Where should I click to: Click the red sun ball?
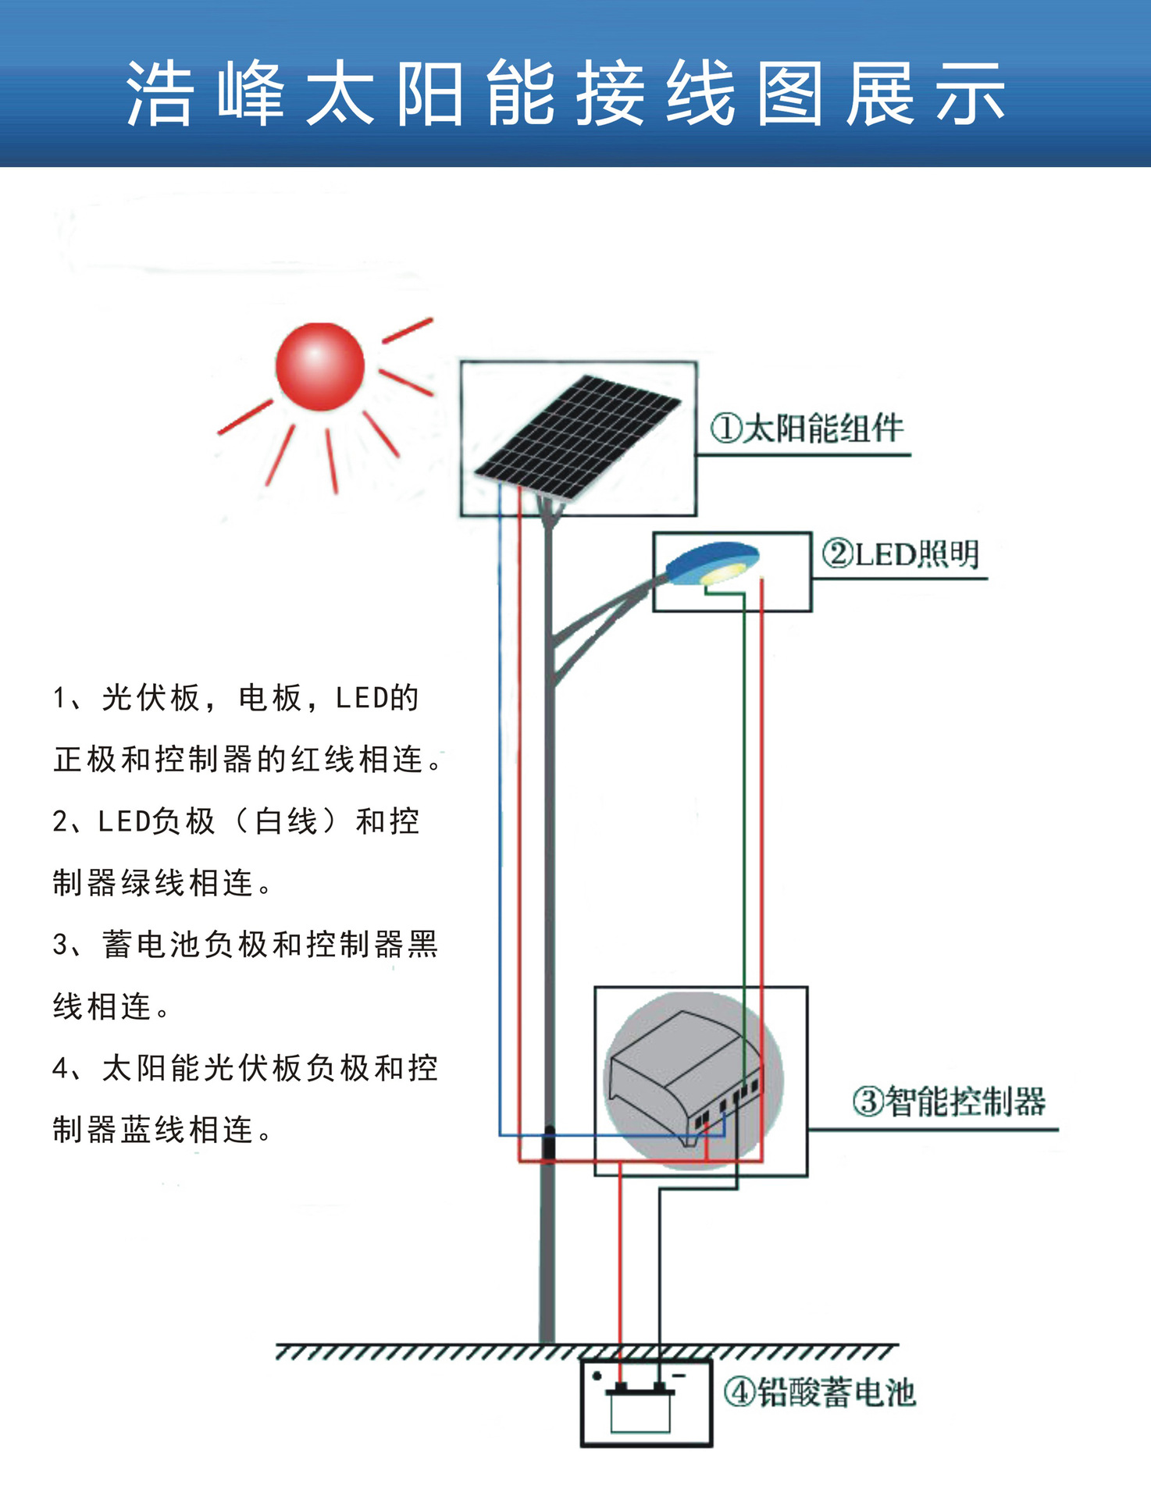[x=320, y=366]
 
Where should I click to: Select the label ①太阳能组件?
[x=807, y=429]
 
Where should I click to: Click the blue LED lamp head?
[x=711, y=562]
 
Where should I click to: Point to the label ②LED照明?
[x=900, y=554]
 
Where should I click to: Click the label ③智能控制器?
[x=949, y=1102]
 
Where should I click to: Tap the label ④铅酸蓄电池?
[x=819, y=1392]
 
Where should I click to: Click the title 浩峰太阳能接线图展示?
[x=566, y=94]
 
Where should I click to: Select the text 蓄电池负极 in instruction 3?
[x=186, y=945]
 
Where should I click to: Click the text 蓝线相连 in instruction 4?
[x=187, y=1130]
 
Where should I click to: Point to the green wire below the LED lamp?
[x=744, y=781]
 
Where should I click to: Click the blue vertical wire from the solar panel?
[x=500, y=781]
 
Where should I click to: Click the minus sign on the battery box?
[x=679, y=1376]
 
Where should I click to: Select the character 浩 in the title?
[x=159, y=94]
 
